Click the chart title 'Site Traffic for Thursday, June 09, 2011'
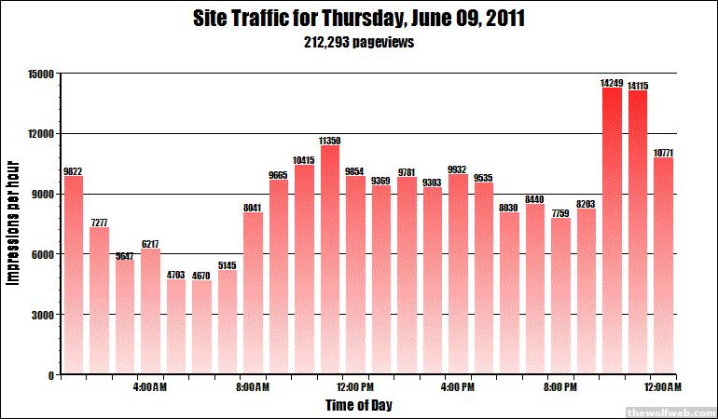pyautogui.click(x=358, y=19)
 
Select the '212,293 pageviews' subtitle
pyautogui.click(x=358, y=42)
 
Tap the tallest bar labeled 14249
pyautogui.click(x=612, y=228)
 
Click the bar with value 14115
pyautogui.click(x=638, y=233)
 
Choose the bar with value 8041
pyautogui.click(x=253, y=293)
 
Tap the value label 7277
pyautogui.click(x=99, y=223)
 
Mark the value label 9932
pyautogui.click(x=458, y=169)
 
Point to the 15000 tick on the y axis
pyautogui.click(x=41, y=74)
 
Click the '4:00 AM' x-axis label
pyautogui.click(x=150, y=386)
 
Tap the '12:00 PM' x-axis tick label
pyautogui.click(x=355, y=386)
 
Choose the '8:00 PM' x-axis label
pyautogui.click(x=560, y=386)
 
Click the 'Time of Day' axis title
pyautogui.click(x=358, y=405)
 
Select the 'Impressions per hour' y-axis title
pyautogui.click(x=13, y=223)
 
